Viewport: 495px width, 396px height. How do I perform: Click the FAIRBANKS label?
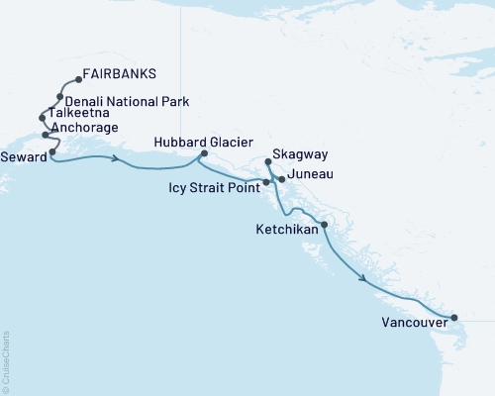[120, 74]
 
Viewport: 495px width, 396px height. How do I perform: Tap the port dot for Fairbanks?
[77, 80]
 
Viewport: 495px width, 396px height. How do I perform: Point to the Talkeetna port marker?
[42, 117]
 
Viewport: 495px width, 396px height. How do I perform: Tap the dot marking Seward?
[51, 152]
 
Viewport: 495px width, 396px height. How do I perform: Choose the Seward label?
[23, 155]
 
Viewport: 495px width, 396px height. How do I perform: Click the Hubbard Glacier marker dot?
[204, 153]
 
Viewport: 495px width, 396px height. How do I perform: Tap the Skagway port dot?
[268, 161]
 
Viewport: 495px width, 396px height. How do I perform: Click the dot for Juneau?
[282, 179]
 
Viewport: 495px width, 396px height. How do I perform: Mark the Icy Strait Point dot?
[266, 183]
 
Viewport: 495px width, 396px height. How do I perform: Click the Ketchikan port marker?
[324, 226]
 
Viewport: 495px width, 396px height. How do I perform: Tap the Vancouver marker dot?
[454, 318]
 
